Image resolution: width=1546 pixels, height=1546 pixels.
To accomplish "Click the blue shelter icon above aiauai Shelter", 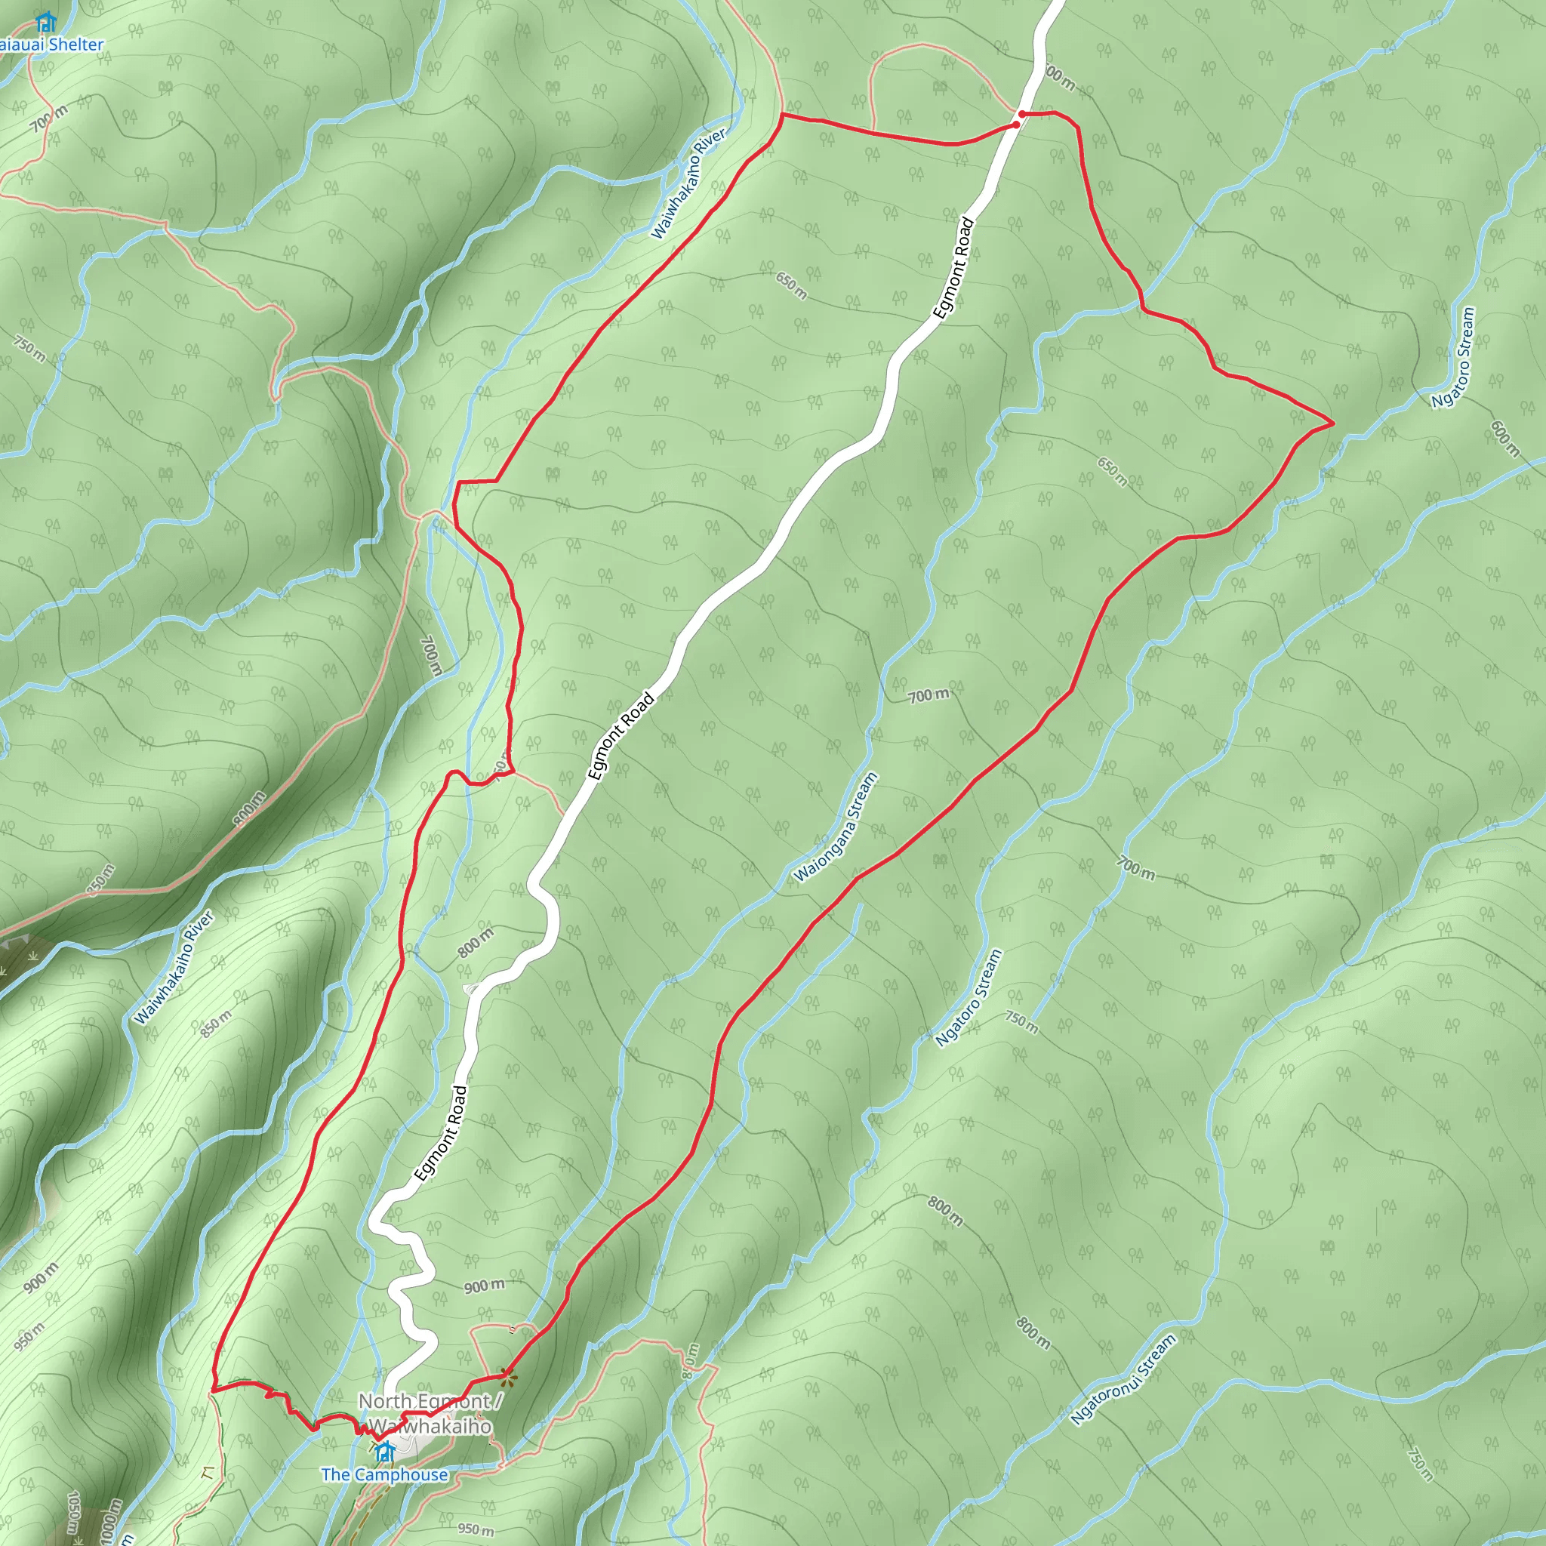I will point(45,21).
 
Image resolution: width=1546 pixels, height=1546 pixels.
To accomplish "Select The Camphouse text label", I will point(384,1474).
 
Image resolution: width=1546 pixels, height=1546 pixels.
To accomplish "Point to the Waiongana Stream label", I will point(836,827).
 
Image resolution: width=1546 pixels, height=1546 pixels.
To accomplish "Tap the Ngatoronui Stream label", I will point(1123,1378).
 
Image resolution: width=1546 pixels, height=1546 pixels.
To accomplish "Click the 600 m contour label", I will point(1505,439).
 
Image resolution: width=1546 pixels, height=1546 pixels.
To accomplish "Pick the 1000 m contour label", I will point(110,1521).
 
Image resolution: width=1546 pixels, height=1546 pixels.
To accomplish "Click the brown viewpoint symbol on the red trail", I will point(507,1375).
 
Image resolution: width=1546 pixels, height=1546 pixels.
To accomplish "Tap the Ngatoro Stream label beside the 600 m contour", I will point(1452,358).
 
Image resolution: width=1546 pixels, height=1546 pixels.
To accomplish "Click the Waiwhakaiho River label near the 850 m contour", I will point(174,968).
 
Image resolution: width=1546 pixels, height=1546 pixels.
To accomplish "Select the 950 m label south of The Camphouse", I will point(476,1528).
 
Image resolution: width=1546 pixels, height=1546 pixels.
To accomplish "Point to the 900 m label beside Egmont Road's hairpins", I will point(484,1285).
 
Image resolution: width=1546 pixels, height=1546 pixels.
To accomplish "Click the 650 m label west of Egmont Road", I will point(791,285).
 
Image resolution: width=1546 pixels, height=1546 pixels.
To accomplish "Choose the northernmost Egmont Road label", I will point(953,269).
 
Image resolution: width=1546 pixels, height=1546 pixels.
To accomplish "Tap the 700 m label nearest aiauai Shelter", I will point(50,119).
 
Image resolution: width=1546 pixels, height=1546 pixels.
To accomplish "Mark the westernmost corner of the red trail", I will point(213,1390).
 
